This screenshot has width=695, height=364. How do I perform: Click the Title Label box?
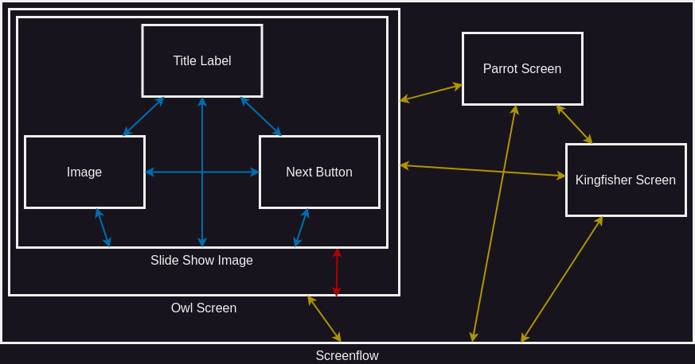click(202, 61)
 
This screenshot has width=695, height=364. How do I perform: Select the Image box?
click(84, 172)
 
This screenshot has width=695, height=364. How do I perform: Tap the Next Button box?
click(319, 172)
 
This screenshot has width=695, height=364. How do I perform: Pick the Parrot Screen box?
click(522, 69)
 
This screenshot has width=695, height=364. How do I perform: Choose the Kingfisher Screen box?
click(626, 180)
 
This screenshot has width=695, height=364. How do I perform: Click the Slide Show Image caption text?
click(201, 261)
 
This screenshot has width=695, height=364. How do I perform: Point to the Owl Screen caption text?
click(204, 308)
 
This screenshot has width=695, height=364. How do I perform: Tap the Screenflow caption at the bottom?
click(347, 356)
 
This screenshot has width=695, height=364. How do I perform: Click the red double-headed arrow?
click(337, 273)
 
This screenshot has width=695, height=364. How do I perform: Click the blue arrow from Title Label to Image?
click(143, 117)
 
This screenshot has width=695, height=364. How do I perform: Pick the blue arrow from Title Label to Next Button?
click(261, 117)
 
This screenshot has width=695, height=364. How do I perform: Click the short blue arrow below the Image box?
click(103, 228)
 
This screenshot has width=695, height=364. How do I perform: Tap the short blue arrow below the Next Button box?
click(301, 228)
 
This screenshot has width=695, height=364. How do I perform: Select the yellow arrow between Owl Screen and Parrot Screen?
click(431, 92)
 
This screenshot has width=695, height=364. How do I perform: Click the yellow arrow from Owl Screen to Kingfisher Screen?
click(482, 170)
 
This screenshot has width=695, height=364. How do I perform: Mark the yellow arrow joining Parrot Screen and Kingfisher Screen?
click(574, 124)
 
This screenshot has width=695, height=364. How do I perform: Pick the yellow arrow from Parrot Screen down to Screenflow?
click(494, 223)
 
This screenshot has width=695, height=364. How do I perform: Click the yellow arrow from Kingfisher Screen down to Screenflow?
click(561, 280)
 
